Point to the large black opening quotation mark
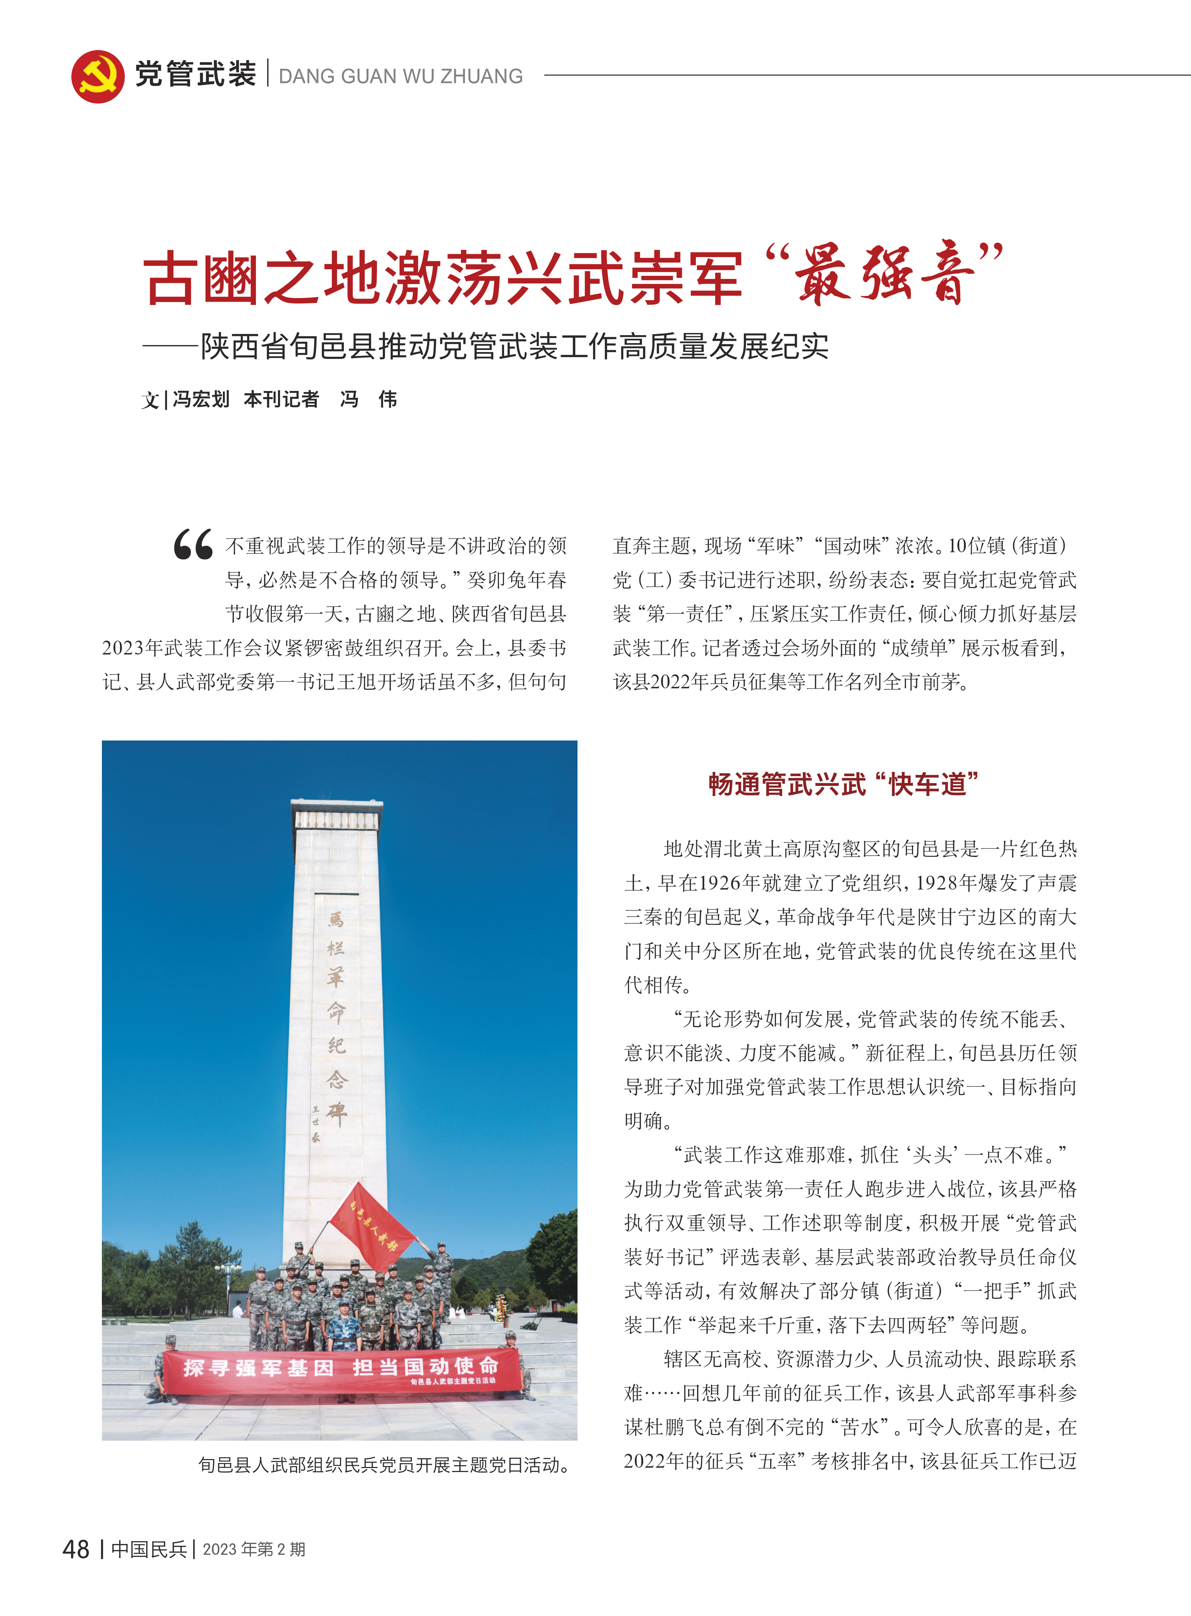click(193, 545)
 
